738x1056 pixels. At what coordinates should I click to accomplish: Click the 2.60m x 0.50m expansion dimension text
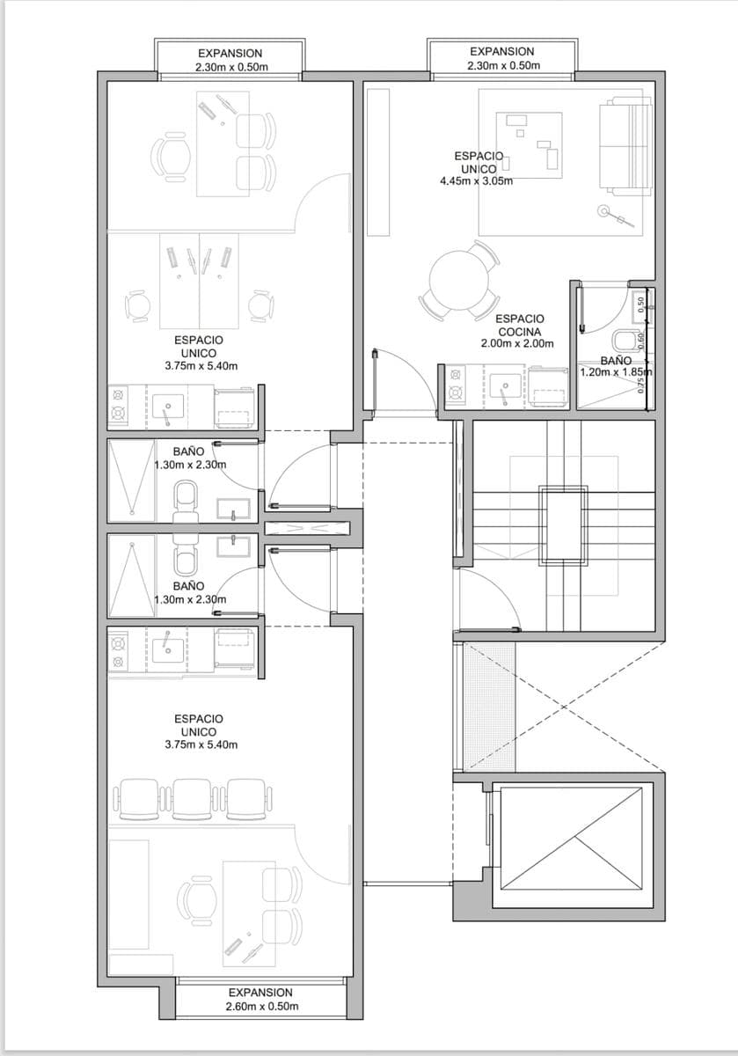(x=262, y=1006)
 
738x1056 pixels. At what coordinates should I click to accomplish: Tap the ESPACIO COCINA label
(x=519, y=326)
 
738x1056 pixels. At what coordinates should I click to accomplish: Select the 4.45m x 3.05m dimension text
(x=477, y=180)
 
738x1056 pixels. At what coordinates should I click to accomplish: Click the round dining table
(x=458, y=282)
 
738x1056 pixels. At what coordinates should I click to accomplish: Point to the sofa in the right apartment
(x=625, y=146)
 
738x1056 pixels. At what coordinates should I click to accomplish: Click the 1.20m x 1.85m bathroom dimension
(x=616, y=372)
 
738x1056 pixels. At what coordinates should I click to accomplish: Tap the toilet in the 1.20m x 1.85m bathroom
(x=625, y=340)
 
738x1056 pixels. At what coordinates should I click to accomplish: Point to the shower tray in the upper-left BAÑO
(x=131, y=480)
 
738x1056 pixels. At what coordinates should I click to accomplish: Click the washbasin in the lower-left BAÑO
(x=233, y=546)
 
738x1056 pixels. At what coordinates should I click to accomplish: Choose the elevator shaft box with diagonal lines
(x=572, y=838)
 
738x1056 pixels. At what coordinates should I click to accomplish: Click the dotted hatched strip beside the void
(x=490, y=706)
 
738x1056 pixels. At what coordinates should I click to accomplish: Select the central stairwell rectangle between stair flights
(x=564, y=524)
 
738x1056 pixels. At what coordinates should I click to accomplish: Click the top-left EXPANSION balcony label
(x=230, y=54)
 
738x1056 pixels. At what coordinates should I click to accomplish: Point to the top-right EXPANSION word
(x=502, y=51)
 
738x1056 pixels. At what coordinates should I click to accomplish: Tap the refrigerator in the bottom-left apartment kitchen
(x=235, y=647)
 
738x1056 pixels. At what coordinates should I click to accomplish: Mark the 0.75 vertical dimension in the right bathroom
(x=640, y=385)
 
